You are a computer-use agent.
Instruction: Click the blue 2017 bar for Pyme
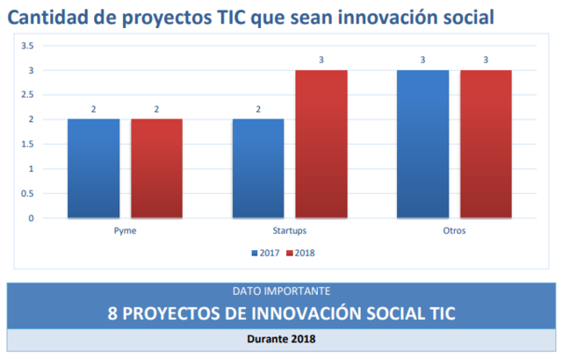[x=93, y=168]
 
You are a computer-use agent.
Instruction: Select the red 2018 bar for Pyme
[x=156, y=168]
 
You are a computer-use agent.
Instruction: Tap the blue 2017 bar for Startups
[x=258, y=168]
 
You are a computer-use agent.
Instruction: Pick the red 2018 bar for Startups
[x=321, y=143]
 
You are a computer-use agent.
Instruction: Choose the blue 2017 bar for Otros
[x=422, y=143]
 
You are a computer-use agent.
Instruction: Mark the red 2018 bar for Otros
[x=486, y=143]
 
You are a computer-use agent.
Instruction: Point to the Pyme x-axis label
[x=125, y=231]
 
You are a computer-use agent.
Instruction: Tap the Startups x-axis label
[x=290, y=231]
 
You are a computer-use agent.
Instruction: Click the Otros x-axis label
[x=454, y=231]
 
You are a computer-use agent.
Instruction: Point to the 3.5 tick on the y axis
[x=27, y=46]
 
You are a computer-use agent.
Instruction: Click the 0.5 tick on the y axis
[x=27, y=193]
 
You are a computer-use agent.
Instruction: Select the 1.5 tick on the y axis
[x=27, y=144]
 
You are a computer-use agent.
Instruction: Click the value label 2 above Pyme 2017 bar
[x=93, y=110]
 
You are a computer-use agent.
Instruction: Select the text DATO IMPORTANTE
[x=281, y=290]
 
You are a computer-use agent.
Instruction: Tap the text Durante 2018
[x=281, y=338]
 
